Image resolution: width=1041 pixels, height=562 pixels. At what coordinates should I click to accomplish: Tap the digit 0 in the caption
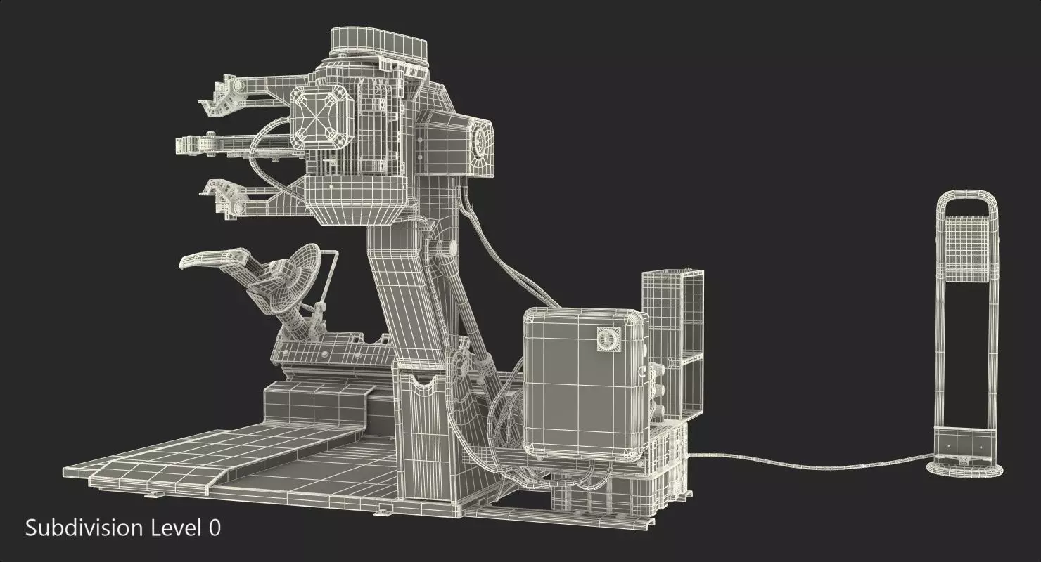214,528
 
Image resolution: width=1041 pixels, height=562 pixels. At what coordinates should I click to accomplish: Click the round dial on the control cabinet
605,339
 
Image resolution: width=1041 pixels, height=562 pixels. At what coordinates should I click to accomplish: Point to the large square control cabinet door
584,383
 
